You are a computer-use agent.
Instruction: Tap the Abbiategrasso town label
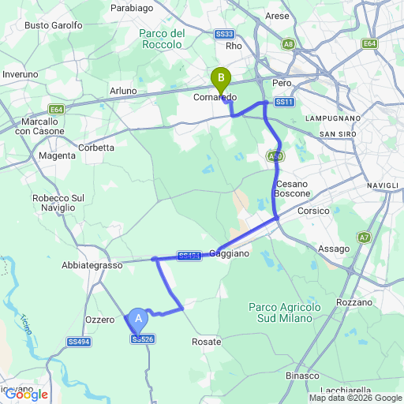click(92, 266)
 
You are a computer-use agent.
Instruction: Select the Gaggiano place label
click(230, 253)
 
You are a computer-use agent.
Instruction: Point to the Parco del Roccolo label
click(161, 39)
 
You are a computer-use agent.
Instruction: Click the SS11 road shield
click(284, 103)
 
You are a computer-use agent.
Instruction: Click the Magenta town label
click(57, 155)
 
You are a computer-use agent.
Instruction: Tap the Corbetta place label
click(97, 148)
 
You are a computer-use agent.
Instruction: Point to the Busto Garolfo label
click(54, 25)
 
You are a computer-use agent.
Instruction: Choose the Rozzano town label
click(352, 303)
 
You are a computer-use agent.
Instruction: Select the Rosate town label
click(206, 342)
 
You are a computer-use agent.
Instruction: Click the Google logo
click(25, 395)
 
